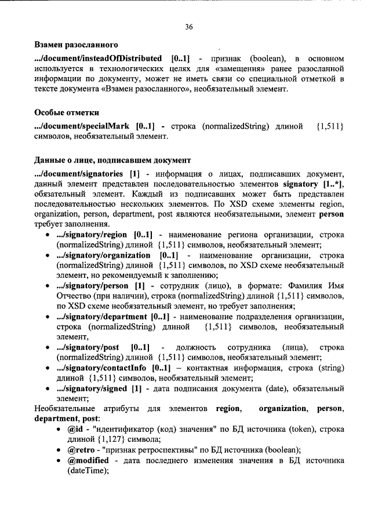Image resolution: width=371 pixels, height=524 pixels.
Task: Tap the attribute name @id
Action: [75, 430]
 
